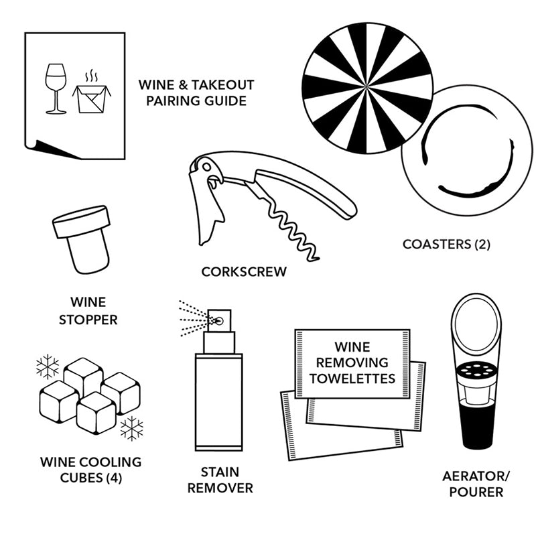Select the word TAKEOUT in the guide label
[222, 85]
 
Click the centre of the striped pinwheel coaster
[367, 88]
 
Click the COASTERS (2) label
[446, 245]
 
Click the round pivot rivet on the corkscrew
[206, 167]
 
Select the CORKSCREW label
[244, 272]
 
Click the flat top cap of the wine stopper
[81, 222]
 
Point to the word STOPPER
[88, 320]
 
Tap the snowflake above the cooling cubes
[48, 366]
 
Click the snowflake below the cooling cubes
[132, 428]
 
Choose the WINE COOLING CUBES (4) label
[91, 470]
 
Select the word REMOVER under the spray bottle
[220, 488]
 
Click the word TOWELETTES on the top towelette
[352, 379]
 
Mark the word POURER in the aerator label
[476, 492]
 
